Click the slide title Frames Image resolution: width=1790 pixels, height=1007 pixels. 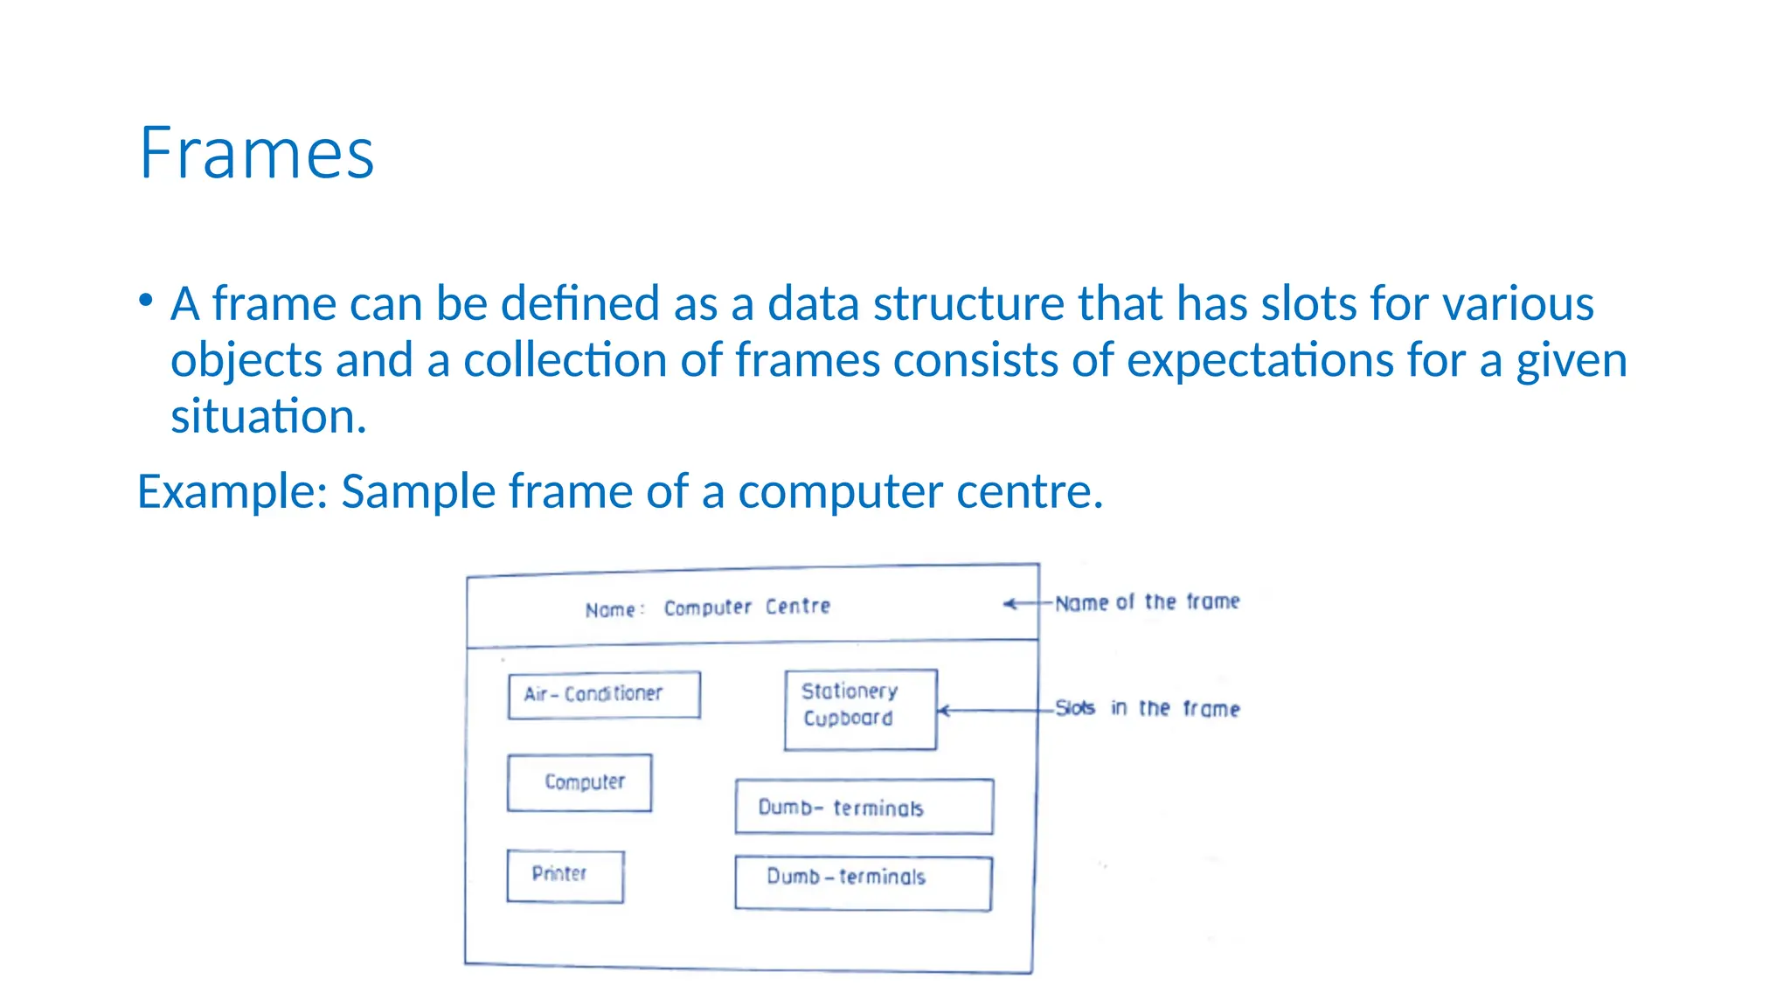tap(256, 154)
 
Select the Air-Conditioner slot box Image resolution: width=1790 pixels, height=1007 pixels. tap(603, 695)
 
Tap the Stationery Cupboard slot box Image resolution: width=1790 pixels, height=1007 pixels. tap(860, 709)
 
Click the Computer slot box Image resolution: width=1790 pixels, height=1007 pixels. tap(579, 782)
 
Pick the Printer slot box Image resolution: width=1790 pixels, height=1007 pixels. tap(565, 876)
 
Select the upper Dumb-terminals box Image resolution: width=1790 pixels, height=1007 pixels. tap(864, 807)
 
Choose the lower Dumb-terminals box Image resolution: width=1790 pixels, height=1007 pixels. tap(863, 883)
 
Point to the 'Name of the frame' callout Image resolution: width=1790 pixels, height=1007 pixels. tap(1147, 602)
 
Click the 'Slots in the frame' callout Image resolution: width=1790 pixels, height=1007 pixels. tap(1147, 708)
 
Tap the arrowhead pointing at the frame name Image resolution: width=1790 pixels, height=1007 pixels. tap(1009, 603)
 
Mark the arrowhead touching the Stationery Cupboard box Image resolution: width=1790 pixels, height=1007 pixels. tap(943, 711)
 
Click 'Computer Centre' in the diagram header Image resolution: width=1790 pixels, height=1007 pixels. tap(746, 607)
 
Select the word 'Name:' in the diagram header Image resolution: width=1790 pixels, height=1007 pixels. tap(614, 610)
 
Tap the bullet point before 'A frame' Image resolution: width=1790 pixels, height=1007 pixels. tap(146, 301)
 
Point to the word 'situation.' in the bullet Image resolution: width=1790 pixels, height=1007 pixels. tap(268, 416)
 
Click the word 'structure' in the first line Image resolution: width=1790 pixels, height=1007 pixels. tap(968, 303)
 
